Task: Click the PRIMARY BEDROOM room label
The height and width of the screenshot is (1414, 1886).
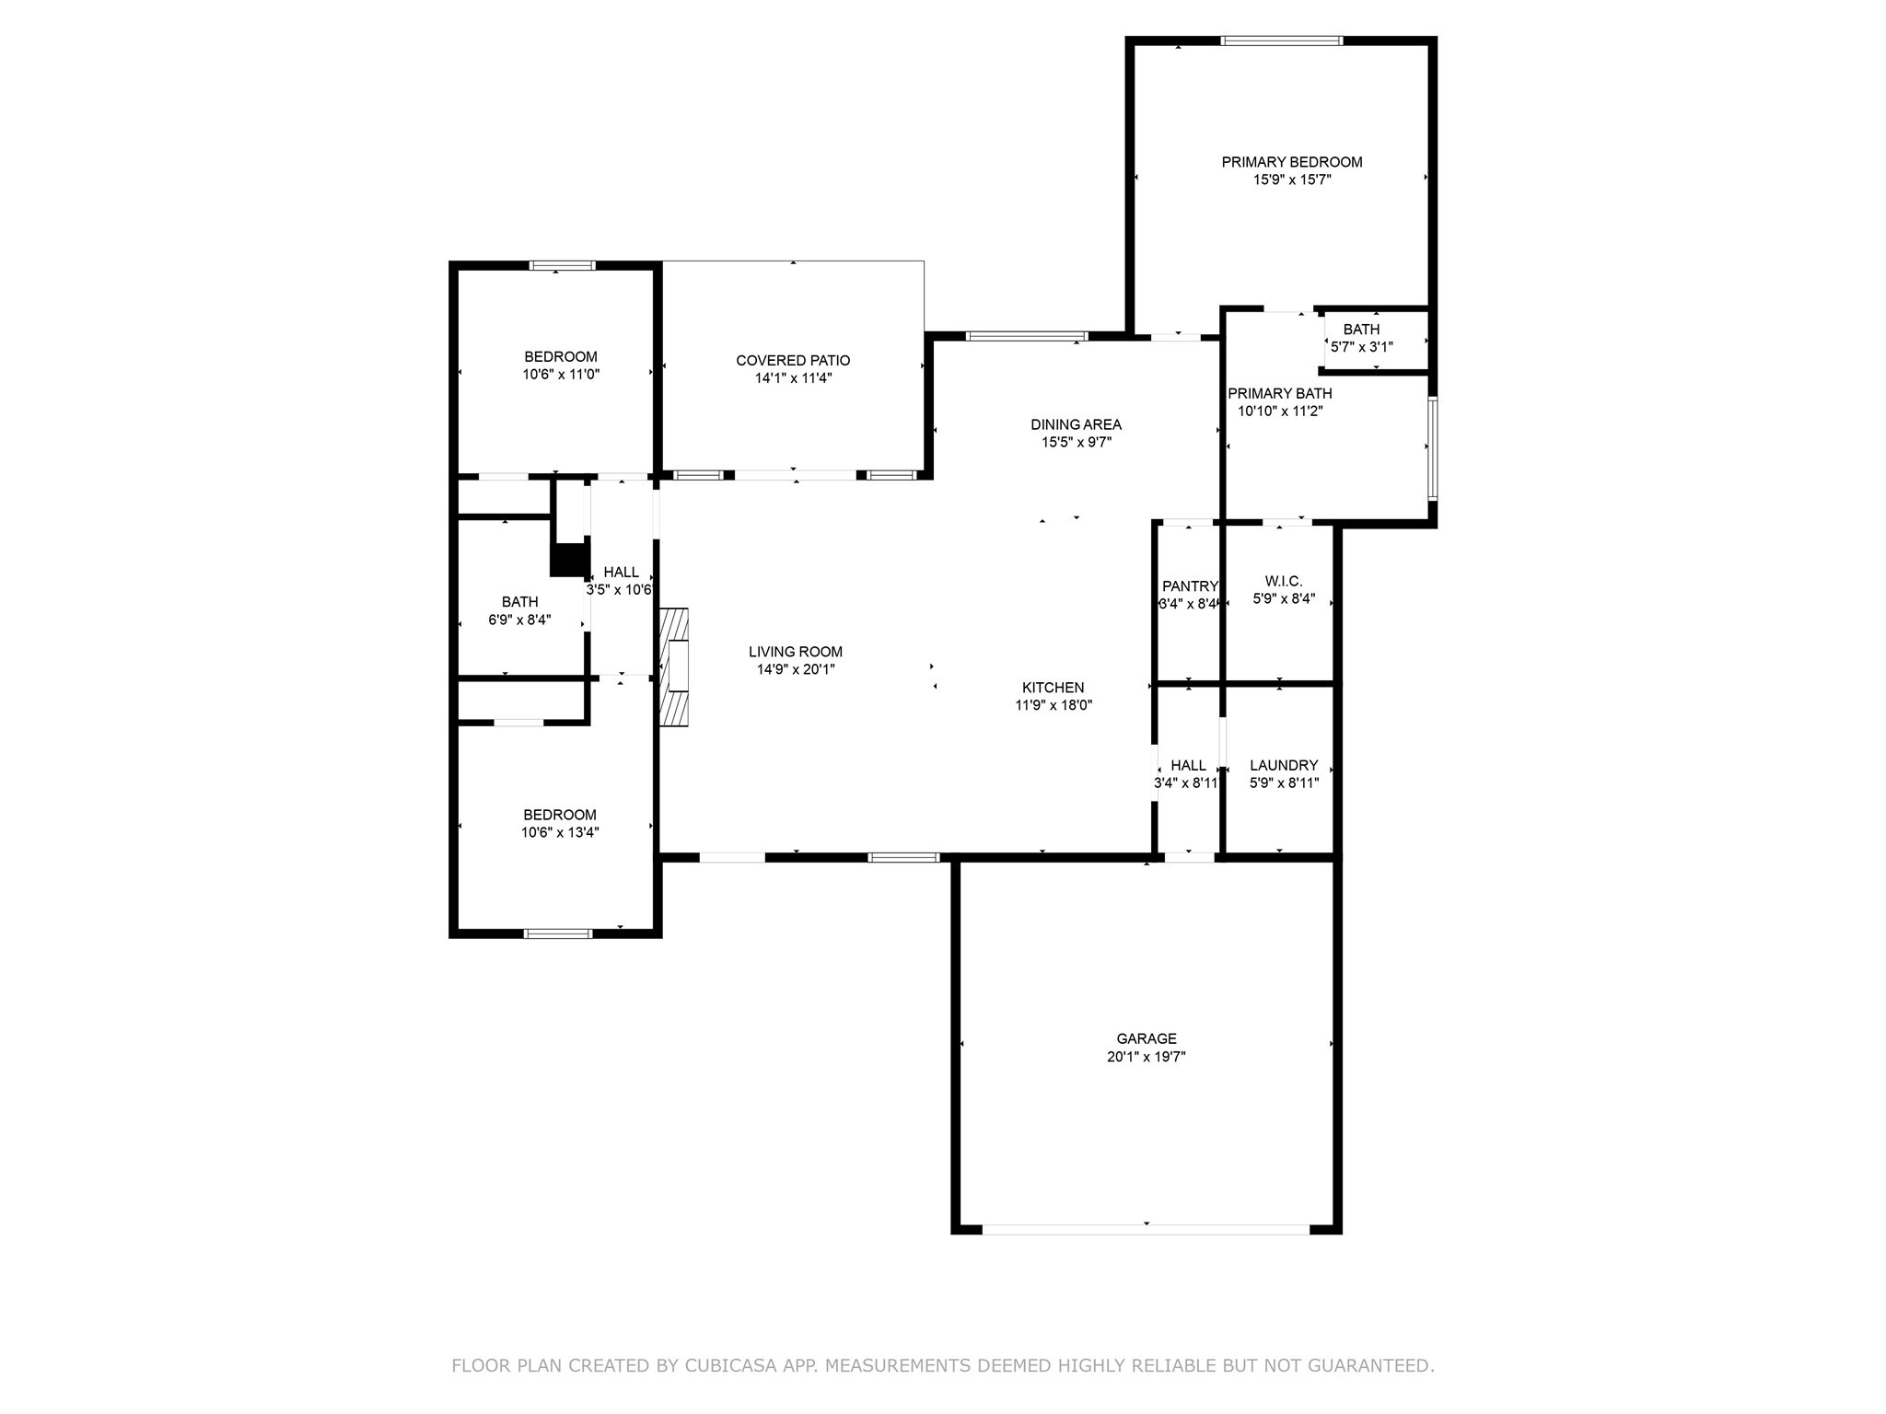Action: pyautogui.click(x=1291, y=162)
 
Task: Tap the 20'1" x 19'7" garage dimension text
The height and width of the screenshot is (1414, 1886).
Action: pyautogui.click(x=1146, y=1058)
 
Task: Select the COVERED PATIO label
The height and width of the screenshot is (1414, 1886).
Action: pyautogui.click(x=793, y=361)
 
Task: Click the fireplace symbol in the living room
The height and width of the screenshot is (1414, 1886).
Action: pyautogui.click(x=675, y=666)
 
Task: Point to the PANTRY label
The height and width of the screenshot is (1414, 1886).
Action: pyautogui.click(x=1189, y=586)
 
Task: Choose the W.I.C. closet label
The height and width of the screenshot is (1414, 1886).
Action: pyautogui.click(x=1284, y=581)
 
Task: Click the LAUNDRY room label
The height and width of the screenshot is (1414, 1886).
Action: pyautogui.click(x=1284, y=765)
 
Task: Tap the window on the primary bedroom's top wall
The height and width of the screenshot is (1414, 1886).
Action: pyautogui.click(x=1281, y=41)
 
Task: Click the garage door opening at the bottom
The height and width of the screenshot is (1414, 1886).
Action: pyautogui.click(x=1146, y=1229)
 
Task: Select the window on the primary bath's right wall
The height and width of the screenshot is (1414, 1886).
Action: pyautogui.click(x=1432, y=447)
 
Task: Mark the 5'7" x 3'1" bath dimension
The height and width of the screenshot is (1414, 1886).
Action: pyautogui.click(x=1362, y=347)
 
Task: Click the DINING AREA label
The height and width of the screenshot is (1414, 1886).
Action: pyautogui.click(x=1076, y=424)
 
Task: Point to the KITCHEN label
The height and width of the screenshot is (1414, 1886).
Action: pyautogui.click(x=1053, y=688)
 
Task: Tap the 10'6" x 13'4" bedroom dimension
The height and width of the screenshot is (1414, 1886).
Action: pyautogui.click(x=560, y=832)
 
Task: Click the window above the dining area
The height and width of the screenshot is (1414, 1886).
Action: pyautogui.click(x=1027, y=336)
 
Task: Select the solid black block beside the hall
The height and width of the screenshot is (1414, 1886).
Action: pyautogui.click(x=570, y=560)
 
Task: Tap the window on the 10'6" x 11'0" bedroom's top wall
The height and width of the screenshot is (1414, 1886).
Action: pyautogui.click(x=562, y=266)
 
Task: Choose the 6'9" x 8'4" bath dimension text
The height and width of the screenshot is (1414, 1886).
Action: pyautogui.click(x=519, y=620)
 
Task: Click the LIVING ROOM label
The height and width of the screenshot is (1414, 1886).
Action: pyautogui.click(x=795, y=652)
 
